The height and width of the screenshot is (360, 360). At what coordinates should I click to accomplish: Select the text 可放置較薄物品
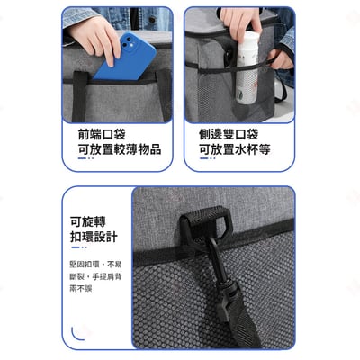[118, 149]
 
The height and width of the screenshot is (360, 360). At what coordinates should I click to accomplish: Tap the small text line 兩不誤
[82, 292]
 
